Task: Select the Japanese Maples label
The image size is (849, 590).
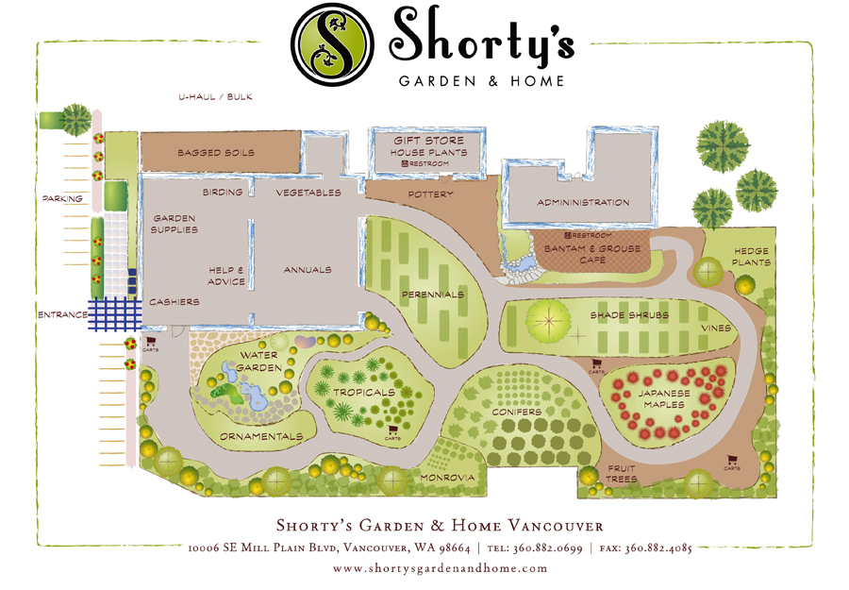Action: (665, 398)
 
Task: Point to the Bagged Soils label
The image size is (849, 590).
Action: (216, 153)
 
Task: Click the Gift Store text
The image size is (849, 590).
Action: (428, 141)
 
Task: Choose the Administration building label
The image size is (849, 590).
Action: (583, 203)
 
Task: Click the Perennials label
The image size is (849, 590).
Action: (433, 295)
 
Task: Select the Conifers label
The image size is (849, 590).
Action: (516, 413)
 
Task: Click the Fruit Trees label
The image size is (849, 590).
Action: (622, 474)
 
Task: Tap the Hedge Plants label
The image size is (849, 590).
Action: (752, 257)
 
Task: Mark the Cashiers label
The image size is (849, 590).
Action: (175, 302)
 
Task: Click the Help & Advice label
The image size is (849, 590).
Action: (226, 275)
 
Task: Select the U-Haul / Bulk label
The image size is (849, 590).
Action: (216, 97)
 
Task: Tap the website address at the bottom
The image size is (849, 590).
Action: (441, 568)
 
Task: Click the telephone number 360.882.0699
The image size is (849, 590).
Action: (547, 548)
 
